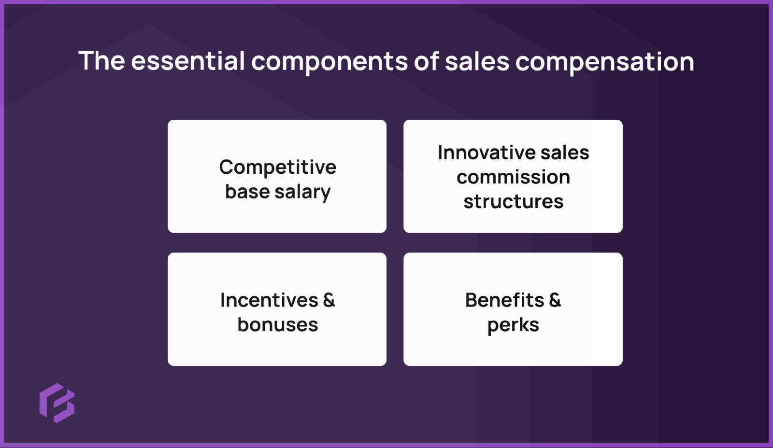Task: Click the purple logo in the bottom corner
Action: (57, 403)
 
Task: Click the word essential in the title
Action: (188, 61)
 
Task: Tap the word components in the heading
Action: (329, 62)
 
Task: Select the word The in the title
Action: (101, 61)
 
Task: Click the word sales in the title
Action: (477, 62)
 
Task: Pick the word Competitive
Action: (277, 168)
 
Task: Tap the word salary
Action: (302, 193)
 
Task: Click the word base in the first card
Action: (247, 192)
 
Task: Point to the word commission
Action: (513, 177)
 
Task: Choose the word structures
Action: (513, 202)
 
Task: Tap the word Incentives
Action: (269, 300)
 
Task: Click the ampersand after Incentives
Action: (329, 300)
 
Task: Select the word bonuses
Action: (277, 325)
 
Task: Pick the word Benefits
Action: (504, 300)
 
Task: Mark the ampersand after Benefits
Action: (555, 300)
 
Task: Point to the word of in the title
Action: (426, 62)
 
